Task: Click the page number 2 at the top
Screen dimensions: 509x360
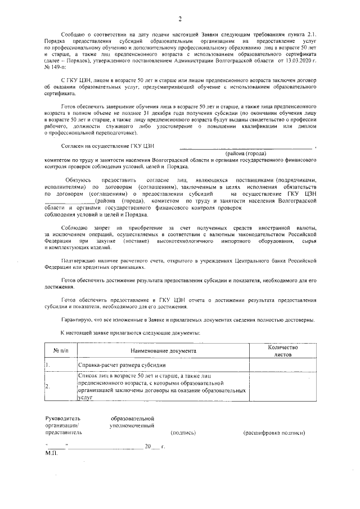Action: coord(179,20)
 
